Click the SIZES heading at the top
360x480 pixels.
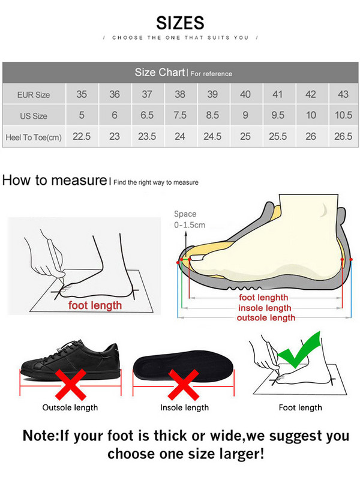(180, 23)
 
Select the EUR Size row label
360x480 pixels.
(33, 95)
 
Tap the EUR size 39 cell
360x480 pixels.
(212, 94)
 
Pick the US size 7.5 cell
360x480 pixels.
(179, 115)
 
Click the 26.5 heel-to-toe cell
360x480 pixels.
(343, 136)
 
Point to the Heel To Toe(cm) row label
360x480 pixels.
(34, 137)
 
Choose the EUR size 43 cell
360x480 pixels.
(343, 94)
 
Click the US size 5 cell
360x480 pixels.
(82, 115)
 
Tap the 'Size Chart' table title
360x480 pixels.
(160, 73)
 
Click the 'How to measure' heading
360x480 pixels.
(54, 180)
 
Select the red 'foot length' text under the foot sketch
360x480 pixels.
(95, 305)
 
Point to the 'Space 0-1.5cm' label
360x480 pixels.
(189, 219)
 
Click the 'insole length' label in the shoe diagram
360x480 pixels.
(265, 308)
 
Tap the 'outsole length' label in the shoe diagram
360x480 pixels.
(266, 317)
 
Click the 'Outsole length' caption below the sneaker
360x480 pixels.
(70, 408)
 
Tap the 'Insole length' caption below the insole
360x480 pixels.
(184, 408)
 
